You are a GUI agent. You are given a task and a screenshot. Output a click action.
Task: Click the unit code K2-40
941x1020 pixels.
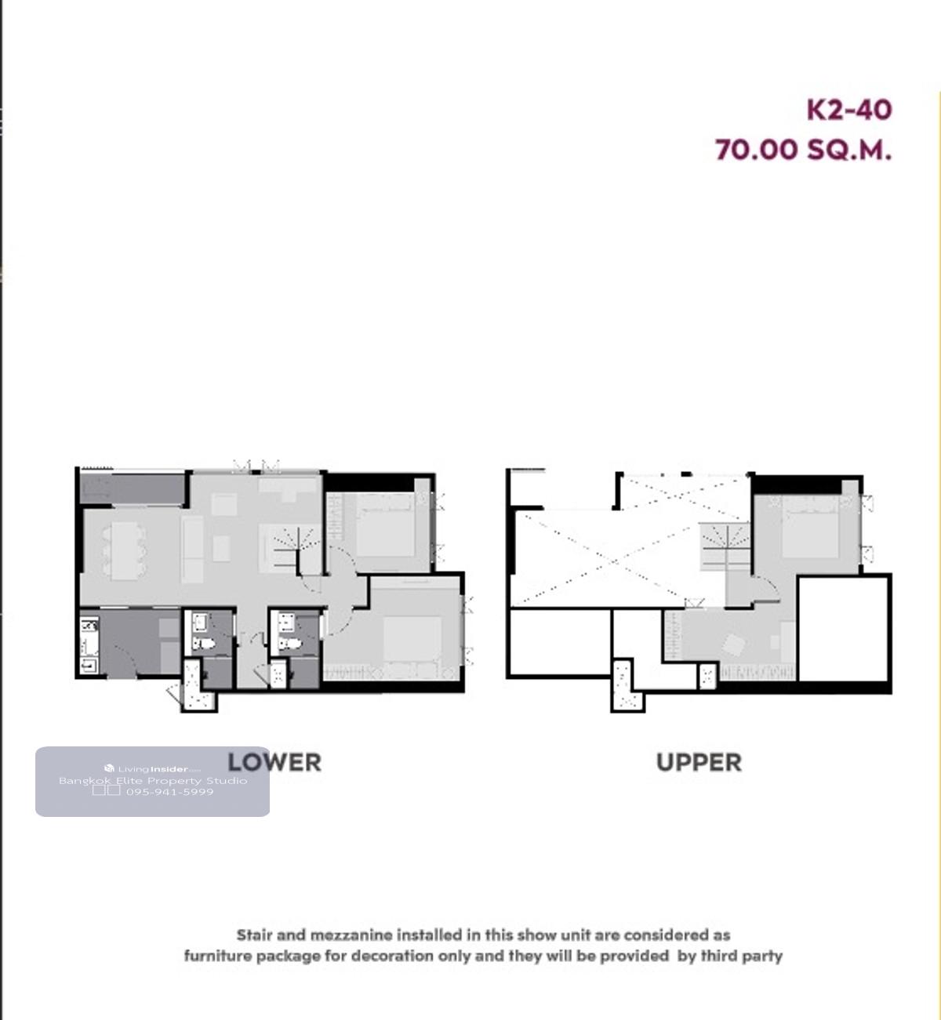(849, 110)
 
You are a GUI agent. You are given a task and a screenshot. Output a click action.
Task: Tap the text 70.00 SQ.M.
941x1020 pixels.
(803, 150)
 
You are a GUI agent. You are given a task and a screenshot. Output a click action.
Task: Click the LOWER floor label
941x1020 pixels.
(274, 762)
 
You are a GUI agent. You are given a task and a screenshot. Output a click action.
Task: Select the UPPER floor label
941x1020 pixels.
(699, 763)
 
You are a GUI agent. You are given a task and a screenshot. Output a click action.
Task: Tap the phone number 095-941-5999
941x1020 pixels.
(169, 791)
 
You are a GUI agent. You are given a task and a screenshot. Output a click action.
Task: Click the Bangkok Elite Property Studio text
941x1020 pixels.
(153, 781)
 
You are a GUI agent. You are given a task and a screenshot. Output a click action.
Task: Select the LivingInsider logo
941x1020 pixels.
(152, 769)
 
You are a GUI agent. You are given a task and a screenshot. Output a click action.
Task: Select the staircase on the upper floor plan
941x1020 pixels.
(725, 547)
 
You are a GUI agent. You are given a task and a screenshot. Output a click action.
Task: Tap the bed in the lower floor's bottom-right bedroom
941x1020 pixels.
(412, 640)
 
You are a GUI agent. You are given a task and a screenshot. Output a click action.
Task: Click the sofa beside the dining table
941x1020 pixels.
(192, 550)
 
